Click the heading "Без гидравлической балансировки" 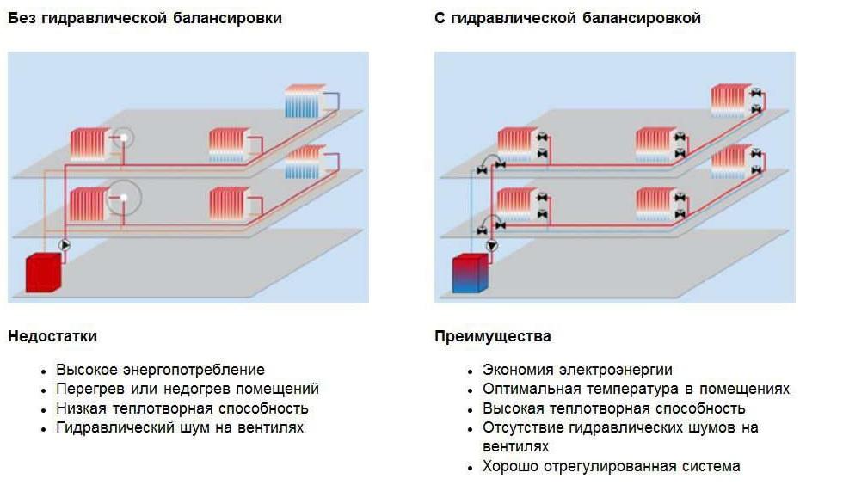coord(145,18)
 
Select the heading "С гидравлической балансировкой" coord(568,18)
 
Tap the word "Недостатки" coord(52,336)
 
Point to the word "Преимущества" coord(493,336)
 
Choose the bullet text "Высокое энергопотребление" coord(160,370)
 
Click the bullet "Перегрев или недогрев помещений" coord(188,389)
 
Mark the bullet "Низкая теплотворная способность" coord(182,408)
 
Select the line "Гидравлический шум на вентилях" coord(180,427)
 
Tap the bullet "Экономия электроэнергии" coord(577,370)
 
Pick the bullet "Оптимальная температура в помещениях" coord(636,389)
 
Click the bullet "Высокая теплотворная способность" coord(614,408)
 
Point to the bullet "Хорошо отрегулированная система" coord(611,466)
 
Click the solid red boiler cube coord(40,273)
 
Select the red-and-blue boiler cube coord(470,275)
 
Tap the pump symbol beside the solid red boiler coord(65,245)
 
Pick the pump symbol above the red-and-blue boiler coord(491,246)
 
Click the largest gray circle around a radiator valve coord(125,198)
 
